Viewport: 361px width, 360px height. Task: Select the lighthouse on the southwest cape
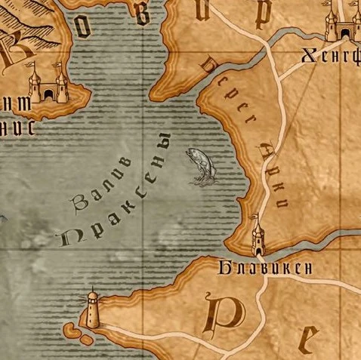(x=92, y=309)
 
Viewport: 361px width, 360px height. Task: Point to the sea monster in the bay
(x=200, y=165)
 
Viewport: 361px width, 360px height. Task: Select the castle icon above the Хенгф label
(x=338, y=24)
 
